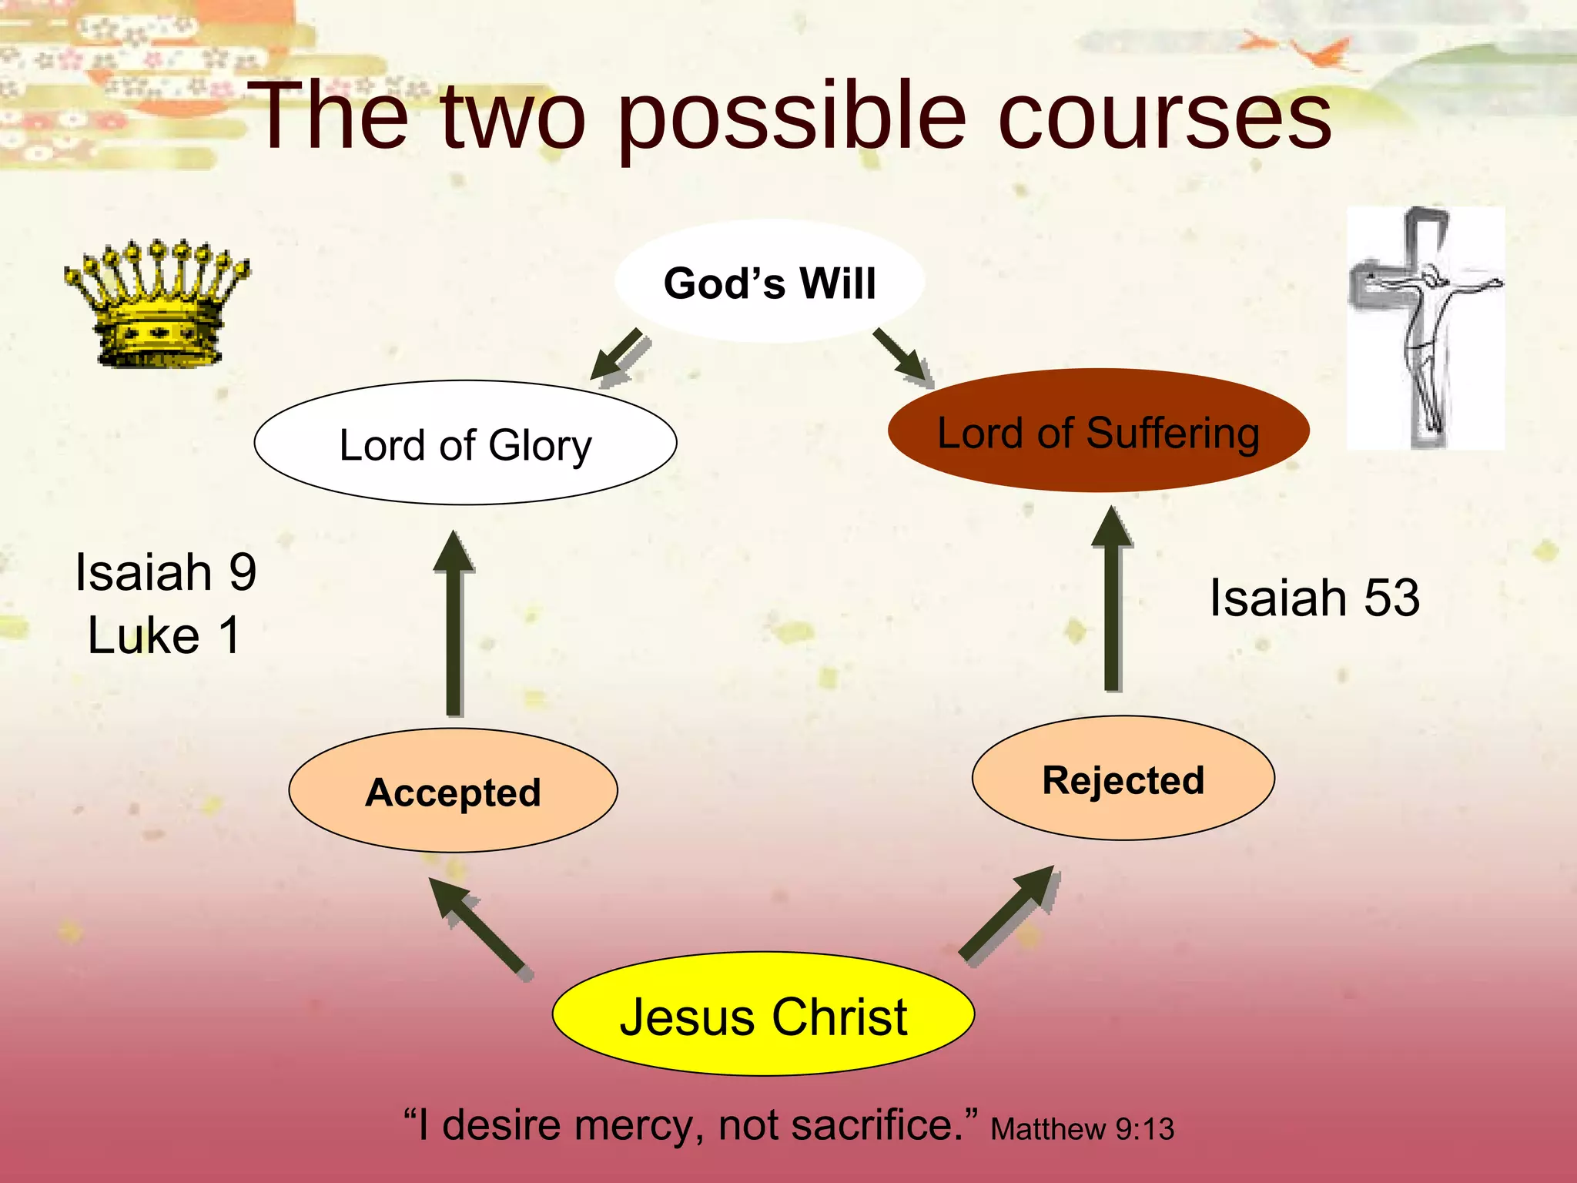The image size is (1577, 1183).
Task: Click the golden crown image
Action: pyautogui.click(x=157, y=303)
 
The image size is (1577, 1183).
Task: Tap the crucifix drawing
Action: pyautogui.click(x=1425, y=328)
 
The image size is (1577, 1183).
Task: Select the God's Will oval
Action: pyautogui.click(x=769, y=283)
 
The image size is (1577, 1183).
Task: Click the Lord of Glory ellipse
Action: pyautogui.click(x=465, y=444)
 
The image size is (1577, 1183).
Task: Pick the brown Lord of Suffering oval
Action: pyautogui.click(x=1098, y=431)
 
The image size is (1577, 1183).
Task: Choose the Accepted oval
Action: pyautogui.click(x=453, y=791)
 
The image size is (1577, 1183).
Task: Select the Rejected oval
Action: pyautogui.click(x=1123, y=779)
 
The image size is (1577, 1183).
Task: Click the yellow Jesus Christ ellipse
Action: pyautogui.click(x=763, y=1015)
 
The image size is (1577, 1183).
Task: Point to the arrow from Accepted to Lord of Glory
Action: pyautogui.click(x=454, y=624)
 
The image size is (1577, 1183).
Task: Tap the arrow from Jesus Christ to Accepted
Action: pyautogui.click(x=479, y=927)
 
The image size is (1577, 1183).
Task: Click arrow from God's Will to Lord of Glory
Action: pyautogui.click(x=621, y=356)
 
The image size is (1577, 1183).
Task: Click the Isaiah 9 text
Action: pyautogui.click(x=166, y=573)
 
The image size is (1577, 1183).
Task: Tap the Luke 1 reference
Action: pyautogui.click(x=164, y=636)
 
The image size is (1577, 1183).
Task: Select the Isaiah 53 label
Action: pyautogui.click(x=1314, y=598)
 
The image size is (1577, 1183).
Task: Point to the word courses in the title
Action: pyautogui.click(x=1164, y=117)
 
